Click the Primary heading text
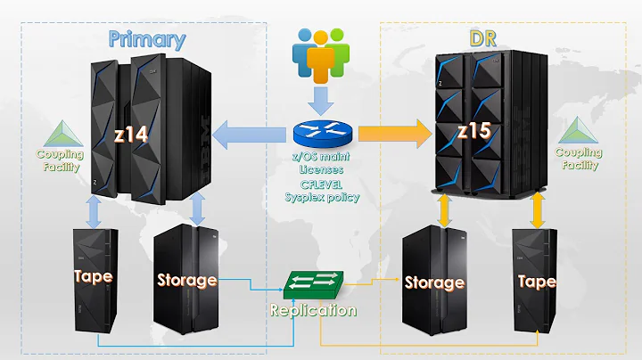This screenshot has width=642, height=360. tap(147, 39)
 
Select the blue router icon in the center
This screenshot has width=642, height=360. tap(322, 131)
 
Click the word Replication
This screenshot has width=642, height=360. tap(314, 311)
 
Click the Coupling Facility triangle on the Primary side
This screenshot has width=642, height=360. tap(61, 133)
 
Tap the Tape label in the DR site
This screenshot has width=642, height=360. tap(537, 282)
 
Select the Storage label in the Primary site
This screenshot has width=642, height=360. tap(186, 281)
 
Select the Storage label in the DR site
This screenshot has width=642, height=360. tap(435, 283)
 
